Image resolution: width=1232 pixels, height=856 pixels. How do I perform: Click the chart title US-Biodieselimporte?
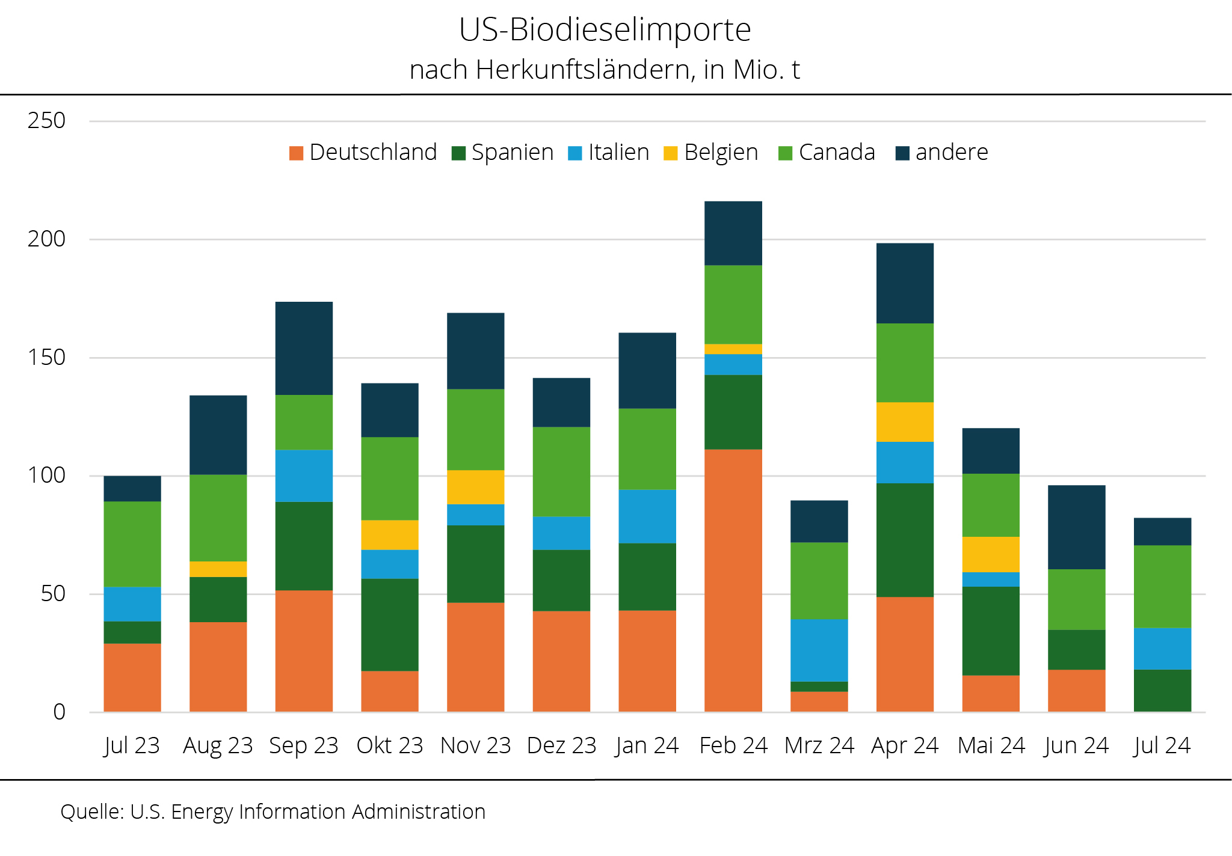pyautogui.click(x=605, y=29)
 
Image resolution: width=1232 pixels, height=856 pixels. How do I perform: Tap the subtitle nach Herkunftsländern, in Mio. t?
pyautogui.click(x=605, y=70)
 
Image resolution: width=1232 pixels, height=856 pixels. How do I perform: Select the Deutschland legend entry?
pyautogui.click(x=363, y=153)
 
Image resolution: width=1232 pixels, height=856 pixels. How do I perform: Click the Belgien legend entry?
pyautogui.click(x=711, y=153)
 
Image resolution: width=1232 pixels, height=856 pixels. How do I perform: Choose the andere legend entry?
pyautogui.click(x=942, y=153)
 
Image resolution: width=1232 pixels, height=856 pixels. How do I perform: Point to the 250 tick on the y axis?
pyautogui.click(x=46, y=121)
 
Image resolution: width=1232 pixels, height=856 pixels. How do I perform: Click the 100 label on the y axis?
pyautogui.click(x=46, y=475)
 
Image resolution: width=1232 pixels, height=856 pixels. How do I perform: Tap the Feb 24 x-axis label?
pyautogui.click(x=733, y=746)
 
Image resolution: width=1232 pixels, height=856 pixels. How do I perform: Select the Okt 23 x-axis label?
pyautogui.click(x=390, y=746)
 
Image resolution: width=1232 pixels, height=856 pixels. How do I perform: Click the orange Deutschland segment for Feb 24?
pyautogui.click(x=733, y=580)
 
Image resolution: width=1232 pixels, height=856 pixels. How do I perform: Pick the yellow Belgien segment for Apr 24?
pyautogui.click(x=905, y=422)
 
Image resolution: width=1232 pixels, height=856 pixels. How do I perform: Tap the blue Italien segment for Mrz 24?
pyautogui.click(x=819, y=650)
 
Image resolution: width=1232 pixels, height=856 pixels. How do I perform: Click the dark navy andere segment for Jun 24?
pyautogui.click(x=1076, y=527)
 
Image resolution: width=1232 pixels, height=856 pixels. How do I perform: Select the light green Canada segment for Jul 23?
pyautogui.click(x=132, y=544)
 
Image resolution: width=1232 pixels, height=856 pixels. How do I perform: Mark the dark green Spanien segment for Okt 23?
pyautogui.click(x=390, y=625)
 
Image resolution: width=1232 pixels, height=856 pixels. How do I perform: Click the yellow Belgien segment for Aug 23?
pyautogui.click(x=218, y=569)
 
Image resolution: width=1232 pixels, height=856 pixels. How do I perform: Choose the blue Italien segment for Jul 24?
pyautogui.click(x=1162, y=649)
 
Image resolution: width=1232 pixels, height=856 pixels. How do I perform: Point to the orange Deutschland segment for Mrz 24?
pyautogui.click(x=819, y=702)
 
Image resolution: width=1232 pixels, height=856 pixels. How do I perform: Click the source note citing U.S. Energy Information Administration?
pyautogui.click(x=273, y=812)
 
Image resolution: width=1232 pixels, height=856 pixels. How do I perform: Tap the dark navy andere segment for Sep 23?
pyautogui.click(x=304, y=348)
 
